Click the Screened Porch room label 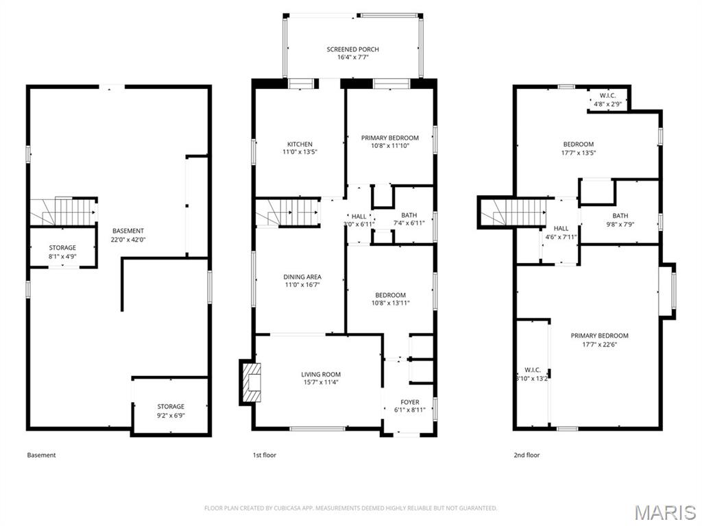pyautogui.click(x=352, y=49)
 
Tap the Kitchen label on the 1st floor pyautogui.click(x=300, y=145)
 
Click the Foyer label pyautogui.click(x=410, y=402)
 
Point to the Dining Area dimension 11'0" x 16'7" pyautogui.click(x=302, y=285)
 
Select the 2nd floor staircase pyautogui.click(x=514, y=212)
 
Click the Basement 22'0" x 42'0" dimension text pyautogui.click(x=128, y=240)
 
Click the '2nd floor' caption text pyautogui.click(x=526, y=455)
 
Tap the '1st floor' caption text pyautogui.click(x=265, y=455)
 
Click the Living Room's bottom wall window pyautogui.click(x=317, y=429)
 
